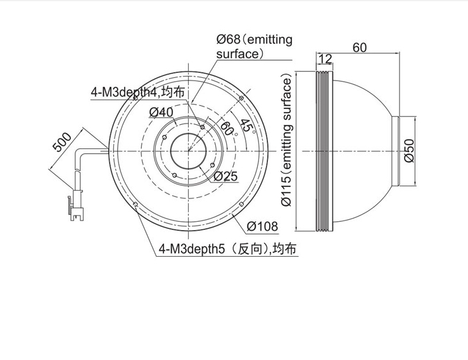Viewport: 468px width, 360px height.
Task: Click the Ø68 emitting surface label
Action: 254,47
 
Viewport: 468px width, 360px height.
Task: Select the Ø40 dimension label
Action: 161,112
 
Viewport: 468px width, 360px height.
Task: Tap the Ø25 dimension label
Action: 226,177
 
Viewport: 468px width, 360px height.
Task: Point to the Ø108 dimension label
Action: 262,226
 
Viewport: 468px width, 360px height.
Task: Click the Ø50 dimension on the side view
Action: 409,151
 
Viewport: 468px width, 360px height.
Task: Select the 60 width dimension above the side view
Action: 360,48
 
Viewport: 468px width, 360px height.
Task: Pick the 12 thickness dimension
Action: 325,59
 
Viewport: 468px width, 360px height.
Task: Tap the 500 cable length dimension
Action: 62,141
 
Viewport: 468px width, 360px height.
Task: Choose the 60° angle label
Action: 229,129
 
